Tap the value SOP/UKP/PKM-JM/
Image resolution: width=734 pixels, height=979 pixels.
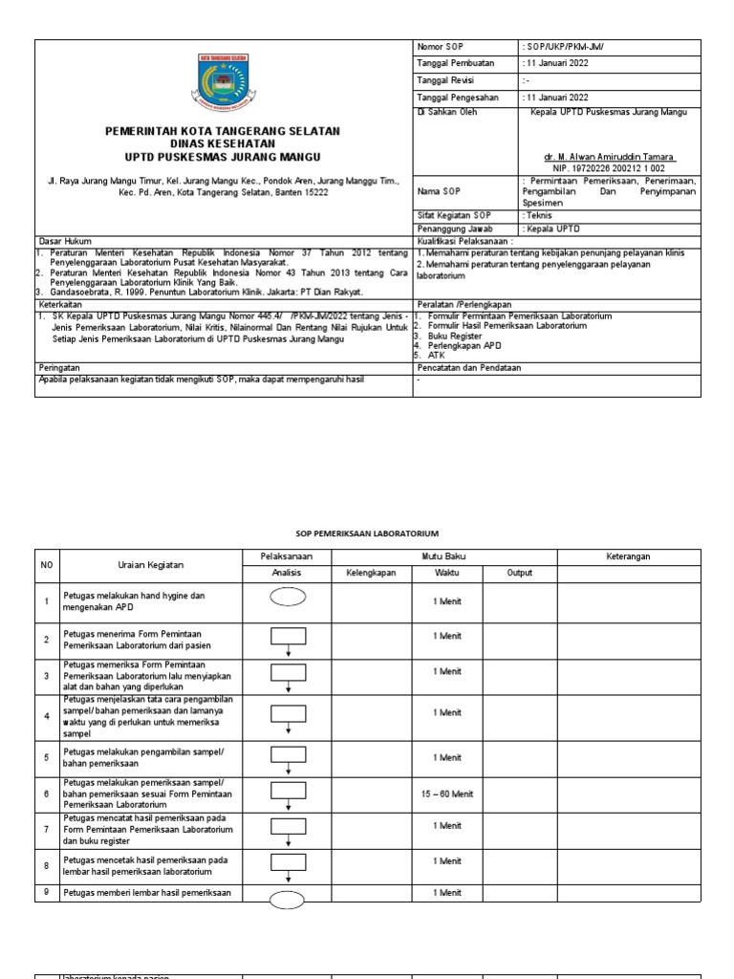click(564, 47)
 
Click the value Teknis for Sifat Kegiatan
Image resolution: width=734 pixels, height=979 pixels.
click(540, 216)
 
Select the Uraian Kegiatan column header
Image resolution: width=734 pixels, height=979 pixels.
click(151, 565)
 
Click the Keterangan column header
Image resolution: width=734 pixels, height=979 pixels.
click(629, 555)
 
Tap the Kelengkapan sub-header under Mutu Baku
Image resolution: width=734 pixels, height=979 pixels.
click(371, 574)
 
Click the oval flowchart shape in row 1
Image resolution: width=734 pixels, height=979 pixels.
click(288, 598)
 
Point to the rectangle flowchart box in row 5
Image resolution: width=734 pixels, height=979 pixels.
click(288, 754)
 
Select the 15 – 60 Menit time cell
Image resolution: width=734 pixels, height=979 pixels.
click(446, 793)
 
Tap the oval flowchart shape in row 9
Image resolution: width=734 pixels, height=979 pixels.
click(288, 898)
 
